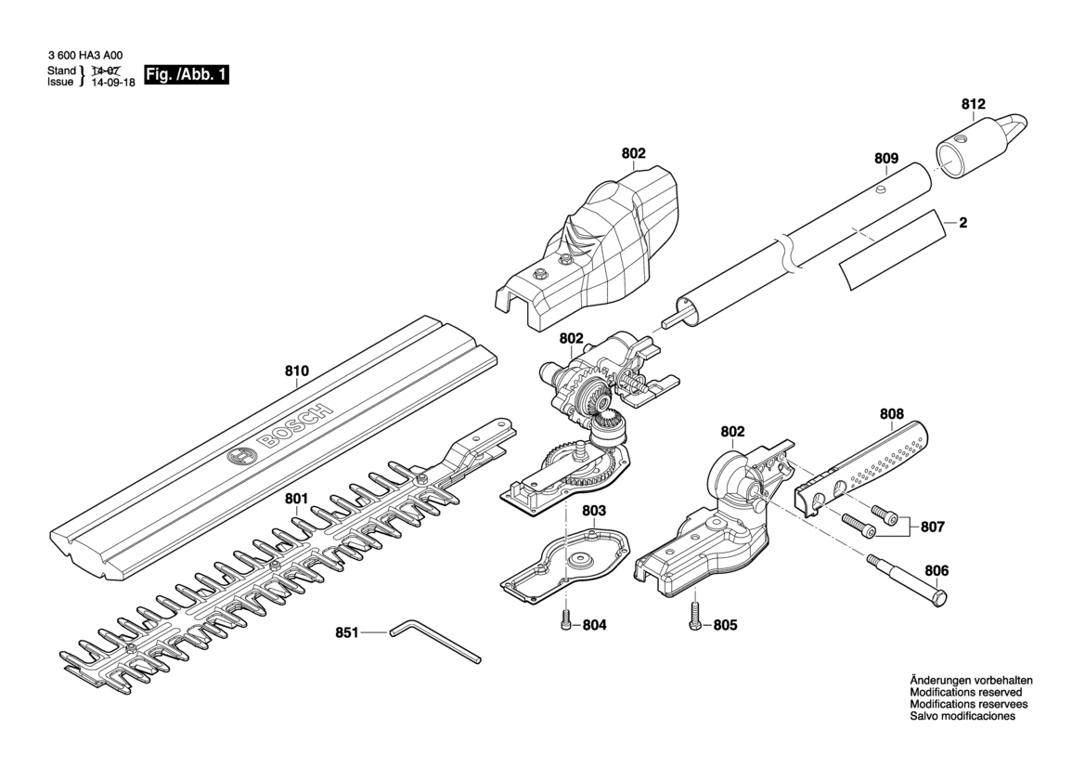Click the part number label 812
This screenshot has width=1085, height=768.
point(973,104)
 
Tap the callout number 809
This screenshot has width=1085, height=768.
point(885,159)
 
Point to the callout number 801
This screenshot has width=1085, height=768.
point(296,499)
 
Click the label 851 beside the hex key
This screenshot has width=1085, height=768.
point(346,632)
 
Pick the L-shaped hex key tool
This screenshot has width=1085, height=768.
point(432,643)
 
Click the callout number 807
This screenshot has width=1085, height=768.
point(932,527)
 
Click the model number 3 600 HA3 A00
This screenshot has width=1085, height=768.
point(85,55)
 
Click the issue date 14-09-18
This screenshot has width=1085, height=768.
point(109,82)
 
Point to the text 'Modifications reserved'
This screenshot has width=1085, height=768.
point(965,693)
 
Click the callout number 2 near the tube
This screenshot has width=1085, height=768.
point(962,223)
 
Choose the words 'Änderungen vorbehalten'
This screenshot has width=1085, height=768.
point(970,681)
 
